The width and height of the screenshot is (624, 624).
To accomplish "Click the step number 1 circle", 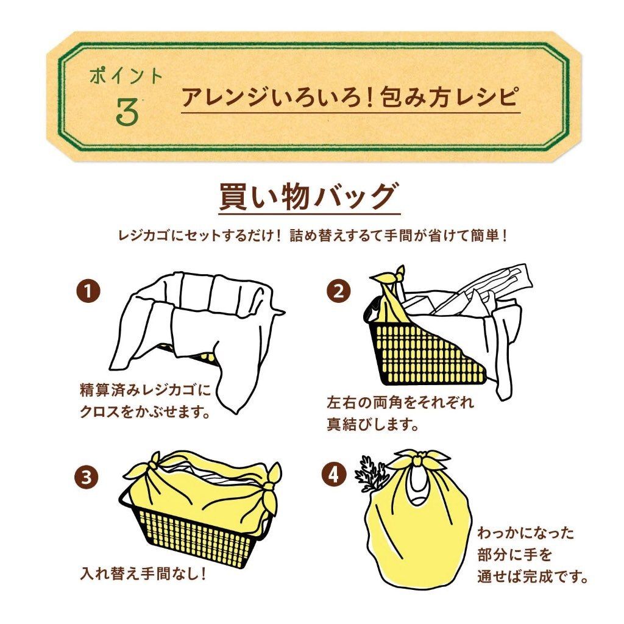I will coord(88,291).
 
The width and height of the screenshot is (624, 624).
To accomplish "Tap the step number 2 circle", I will coord(339,291).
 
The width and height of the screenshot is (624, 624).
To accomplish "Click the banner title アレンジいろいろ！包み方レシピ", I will coord(350,97).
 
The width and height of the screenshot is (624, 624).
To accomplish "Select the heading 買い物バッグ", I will coord(309,197).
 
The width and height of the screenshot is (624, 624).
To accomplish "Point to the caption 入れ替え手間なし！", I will coord(143,574).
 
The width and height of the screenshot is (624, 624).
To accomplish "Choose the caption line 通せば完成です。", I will coord(533,576).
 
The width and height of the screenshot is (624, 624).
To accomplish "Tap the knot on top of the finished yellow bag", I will coord(419,460).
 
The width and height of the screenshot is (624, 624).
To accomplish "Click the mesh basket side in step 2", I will coord(414,353).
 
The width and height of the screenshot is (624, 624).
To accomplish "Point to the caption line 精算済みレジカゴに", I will coord(145,389).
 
